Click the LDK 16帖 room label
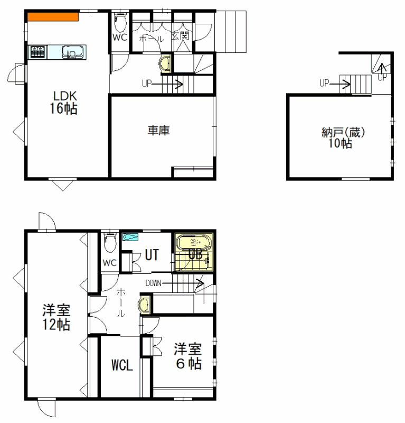pos(63,103)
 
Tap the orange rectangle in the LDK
pos(53,17)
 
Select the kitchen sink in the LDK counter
pos(72,52)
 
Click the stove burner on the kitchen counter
pos(37,52)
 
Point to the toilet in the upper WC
pos(119,23)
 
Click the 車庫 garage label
pos(158,131)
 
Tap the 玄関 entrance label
pos(180,36)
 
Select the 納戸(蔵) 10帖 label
pos(343,138)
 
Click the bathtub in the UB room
pos(194,243)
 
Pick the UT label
pos(152,255)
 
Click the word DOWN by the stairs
pos(153,283)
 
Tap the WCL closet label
pos(122,365)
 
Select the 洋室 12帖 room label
pos(56,317)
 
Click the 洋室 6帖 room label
pos(188,356)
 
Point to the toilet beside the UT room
pos(110,243)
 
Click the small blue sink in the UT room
pos(130,237)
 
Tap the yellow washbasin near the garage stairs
pos(165,64)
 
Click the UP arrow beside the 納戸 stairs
pos(340,85)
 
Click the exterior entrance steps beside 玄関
pos(231,32)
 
